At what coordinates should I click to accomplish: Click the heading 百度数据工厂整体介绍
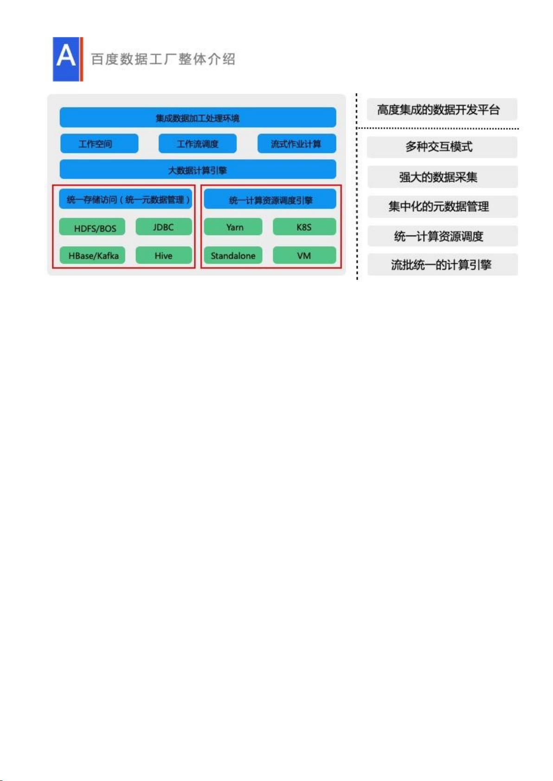(x=163, y=59)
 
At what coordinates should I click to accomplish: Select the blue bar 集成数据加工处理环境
(x=198, y=118)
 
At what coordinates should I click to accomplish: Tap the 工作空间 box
(x=99, y=143)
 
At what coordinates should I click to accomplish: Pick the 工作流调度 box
(x=198, y=143)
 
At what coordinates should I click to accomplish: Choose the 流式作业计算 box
(x=296, y=143)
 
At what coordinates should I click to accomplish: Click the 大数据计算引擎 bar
(x=198, y=170)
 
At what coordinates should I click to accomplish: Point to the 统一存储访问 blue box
(x=126, y=199)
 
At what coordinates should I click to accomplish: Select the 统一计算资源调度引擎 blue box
(x=270, y=199)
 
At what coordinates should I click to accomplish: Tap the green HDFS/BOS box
(x=92, y=227)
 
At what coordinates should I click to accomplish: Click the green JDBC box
(x=164, y=227)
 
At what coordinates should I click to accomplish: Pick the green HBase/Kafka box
(x=92, y=255)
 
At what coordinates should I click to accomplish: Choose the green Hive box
(x=164, y=255)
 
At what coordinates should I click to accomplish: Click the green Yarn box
(x=233, y=227)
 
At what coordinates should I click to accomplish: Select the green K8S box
(x=304, y=227)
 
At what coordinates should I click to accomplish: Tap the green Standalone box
(x=233, y=255)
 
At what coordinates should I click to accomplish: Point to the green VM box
(x=304, y=255)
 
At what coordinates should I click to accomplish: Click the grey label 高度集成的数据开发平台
(x=442, y=109)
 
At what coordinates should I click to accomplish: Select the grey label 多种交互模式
(x=442, y=147)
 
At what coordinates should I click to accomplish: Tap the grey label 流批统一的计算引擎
(x=443, y=265)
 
